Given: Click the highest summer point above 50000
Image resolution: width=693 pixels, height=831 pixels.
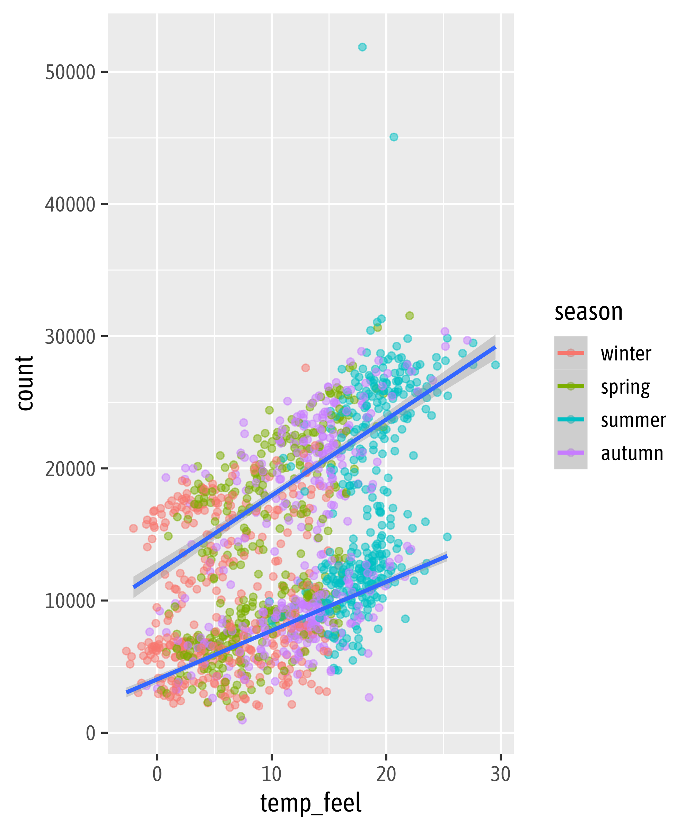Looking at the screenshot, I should [362, 47].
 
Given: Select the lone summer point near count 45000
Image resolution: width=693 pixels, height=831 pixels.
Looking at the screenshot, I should [394, 137].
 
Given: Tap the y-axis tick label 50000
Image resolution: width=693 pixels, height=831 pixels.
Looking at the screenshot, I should [70, 72].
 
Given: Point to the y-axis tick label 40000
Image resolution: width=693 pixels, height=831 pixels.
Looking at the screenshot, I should [70, 205].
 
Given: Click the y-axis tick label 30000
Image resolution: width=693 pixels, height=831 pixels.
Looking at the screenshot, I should [70, 337].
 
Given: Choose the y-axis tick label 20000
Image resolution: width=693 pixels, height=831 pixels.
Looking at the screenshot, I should [70, 469].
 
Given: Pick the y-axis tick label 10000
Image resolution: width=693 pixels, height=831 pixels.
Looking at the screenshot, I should [70, 601].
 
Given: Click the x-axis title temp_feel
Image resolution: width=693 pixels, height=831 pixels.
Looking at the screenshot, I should [311, 803].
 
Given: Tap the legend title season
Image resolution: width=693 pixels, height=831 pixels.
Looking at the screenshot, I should [588, 312].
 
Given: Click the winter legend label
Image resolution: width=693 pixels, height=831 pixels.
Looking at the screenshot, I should [626, 354].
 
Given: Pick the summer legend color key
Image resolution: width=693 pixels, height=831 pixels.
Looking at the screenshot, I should [571, 419].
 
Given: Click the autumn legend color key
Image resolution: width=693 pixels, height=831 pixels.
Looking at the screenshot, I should [571, 453].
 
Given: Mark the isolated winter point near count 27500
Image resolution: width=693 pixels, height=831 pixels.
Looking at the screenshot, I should [305, 368].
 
